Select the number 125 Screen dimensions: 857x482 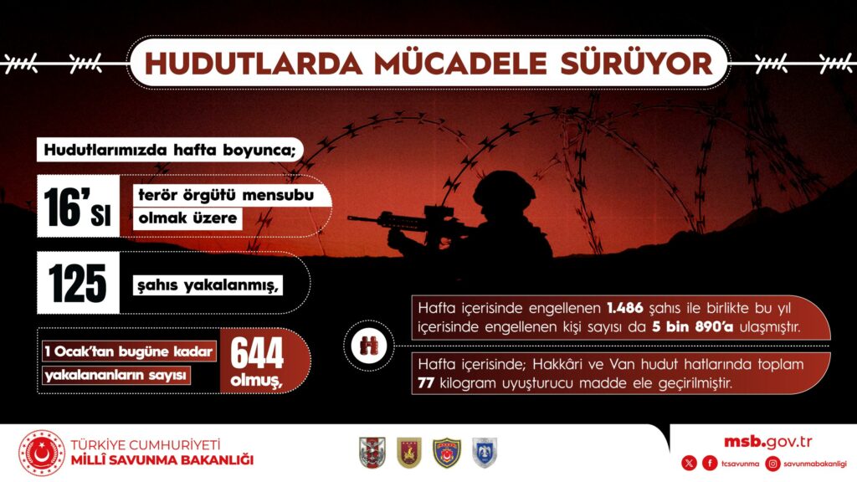click(78, 283)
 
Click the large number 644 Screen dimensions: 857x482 click(257, 353)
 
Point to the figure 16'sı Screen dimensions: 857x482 click(78, 206)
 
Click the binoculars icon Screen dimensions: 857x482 click(369, 346)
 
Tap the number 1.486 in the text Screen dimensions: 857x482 click(624, 308)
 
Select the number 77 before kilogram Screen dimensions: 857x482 click(426, 382)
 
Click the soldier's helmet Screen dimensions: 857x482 click(504, 188)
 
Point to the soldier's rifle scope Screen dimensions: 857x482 click(438, 210)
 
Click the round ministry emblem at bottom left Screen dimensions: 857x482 click(42, 453)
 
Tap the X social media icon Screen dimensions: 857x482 click(690, 464)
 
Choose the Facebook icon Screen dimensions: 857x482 click(710, 464)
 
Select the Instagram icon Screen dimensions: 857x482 click(772, 464)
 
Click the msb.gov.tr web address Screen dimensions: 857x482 click(768, 442)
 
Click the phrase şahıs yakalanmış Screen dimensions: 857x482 click(208, 285)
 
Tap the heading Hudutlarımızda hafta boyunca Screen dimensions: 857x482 click(170, 150)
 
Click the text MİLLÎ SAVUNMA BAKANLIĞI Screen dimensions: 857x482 click(162, 460)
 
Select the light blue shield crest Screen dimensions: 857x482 click(485, 453)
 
